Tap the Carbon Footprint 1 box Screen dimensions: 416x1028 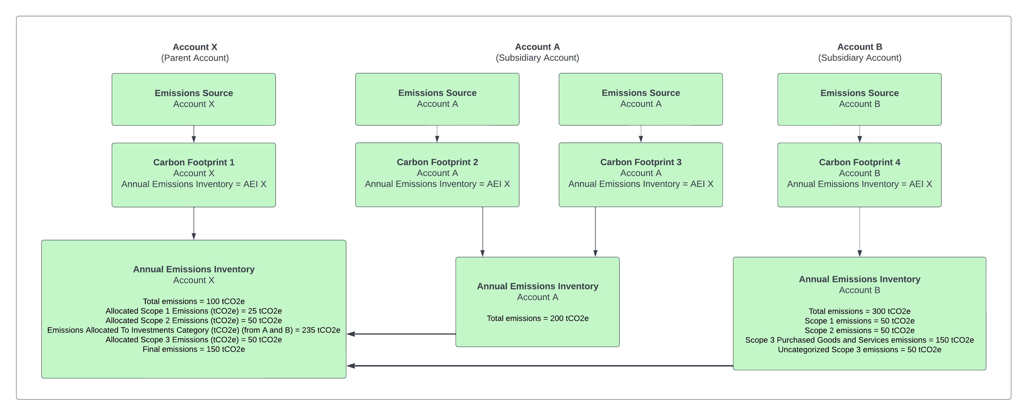tap(194, 175)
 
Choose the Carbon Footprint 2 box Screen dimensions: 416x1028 tap(437, 175)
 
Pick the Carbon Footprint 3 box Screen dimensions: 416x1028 tap(641, 175)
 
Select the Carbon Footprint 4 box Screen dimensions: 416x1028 tap(859, 175)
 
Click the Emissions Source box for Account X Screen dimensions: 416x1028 tap(194, 99)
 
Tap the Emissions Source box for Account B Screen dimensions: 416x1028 tap(859, 99)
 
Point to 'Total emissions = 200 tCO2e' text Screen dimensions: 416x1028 tap(537, 318)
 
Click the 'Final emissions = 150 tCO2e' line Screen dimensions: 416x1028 tap(194, 349)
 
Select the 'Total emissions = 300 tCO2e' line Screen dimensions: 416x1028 tap(859, 311)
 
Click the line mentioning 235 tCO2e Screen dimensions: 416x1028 tap(194, 330)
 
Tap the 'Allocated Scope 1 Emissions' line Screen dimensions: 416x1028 tap(194, 311)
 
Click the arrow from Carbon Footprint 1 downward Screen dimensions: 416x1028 tap(194, 223)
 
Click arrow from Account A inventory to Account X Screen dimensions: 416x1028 tap(401, 334)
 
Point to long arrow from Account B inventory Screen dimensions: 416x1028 tap(539, 365)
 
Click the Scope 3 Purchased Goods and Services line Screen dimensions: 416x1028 tap(859, 340)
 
